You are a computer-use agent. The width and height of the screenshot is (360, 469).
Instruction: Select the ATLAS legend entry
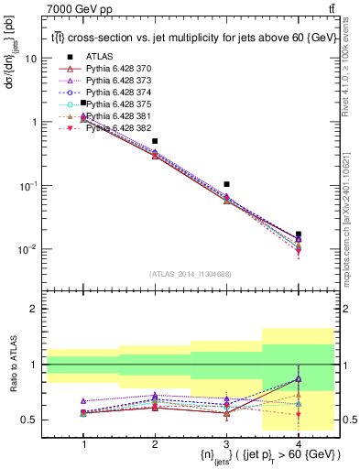pos(105,58)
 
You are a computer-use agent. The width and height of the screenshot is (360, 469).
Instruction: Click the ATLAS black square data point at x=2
pos(155,141)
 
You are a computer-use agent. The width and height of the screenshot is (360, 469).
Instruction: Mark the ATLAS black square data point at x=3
pos(226,184)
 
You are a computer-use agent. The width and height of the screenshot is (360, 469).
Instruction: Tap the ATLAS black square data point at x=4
pos(298,234)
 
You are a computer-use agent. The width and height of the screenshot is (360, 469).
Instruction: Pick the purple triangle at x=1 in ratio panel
pos(83,401)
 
